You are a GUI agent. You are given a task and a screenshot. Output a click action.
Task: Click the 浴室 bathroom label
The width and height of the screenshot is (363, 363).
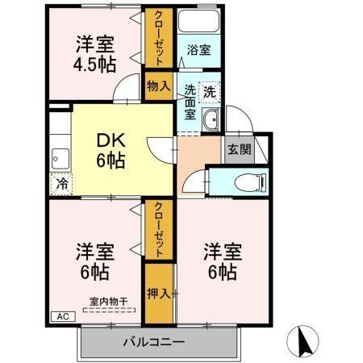coord(198,50)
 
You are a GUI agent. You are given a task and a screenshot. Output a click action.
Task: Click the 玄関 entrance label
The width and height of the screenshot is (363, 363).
coord(238,150)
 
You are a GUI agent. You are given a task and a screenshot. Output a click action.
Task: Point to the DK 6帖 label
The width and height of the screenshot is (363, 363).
coord(111,150)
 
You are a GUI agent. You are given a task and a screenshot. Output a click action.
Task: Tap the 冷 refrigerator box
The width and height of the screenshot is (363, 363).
coord(61,183)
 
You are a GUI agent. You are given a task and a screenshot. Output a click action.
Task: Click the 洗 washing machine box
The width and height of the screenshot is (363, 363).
coord(209,91)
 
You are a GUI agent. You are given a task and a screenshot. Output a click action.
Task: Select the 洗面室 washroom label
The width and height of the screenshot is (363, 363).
coord(190,102)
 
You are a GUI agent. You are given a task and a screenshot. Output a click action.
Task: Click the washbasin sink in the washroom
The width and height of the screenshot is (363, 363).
coord(211,121)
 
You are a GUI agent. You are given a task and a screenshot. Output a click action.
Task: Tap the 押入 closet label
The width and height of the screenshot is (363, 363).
coord(158,291)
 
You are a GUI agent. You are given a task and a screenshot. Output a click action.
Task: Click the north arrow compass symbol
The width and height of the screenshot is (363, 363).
coord(305,341)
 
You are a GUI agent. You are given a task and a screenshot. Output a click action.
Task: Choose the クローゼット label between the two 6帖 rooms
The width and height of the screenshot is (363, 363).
coord(158,230)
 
